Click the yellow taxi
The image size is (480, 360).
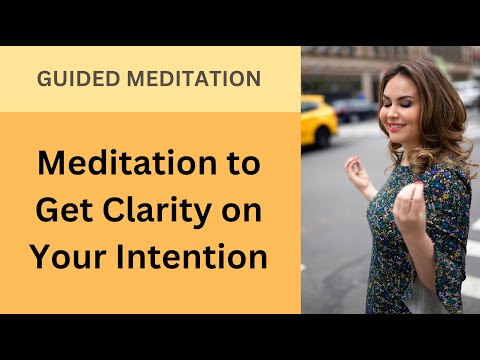click(x=319, y=119)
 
